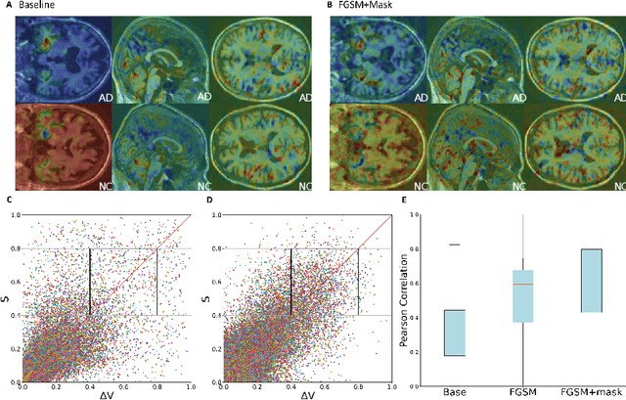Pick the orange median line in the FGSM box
click(x=523, y=284)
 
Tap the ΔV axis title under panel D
click(x=308, y=395)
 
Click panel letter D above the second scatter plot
click(x=209, y=202)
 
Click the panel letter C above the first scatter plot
click(x=8, y=202)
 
